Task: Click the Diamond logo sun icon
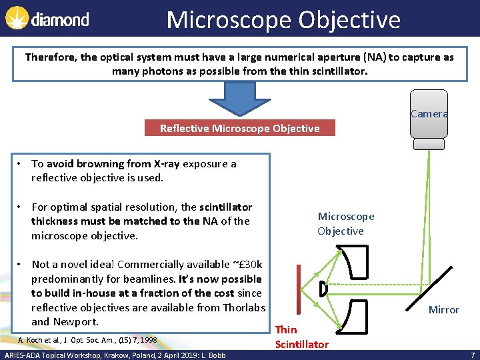[x=17, y=18]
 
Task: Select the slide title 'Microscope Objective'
[x=283, y=19]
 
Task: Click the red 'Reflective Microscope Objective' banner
[x=239, y=128]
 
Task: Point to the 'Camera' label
[x=429, y=113]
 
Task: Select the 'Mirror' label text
[x=443, y=309]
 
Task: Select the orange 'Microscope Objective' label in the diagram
[x=345, y=223]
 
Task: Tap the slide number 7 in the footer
[x=472, y=355]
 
